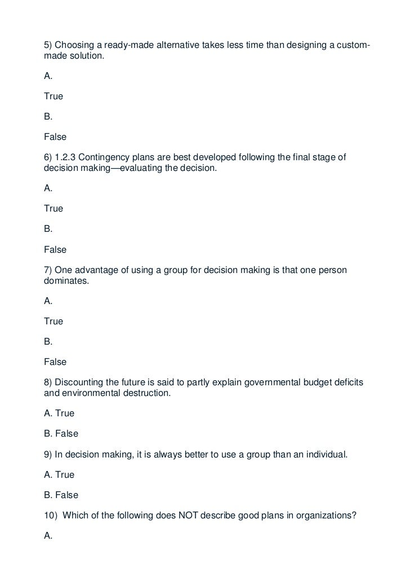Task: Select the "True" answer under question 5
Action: tap(54, 96)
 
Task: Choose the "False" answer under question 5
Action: tap(55, 137)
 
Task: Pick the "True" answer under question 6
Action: tap(54, 209)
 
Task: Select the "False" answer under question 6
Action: tap(55, 249)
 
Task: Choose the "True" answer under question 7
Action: tap(54, 322)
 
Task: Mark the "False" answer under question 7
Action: tap(55, 362)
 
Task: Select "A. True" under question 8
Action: tap(59, 413)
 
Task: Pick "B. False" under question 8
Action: tap(61, 434)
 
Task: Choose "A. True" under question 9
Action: tap(59, 475)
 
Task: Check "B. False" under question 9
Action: tap(61, 495)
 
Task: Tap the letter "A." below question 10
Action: tap(48, 536)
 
